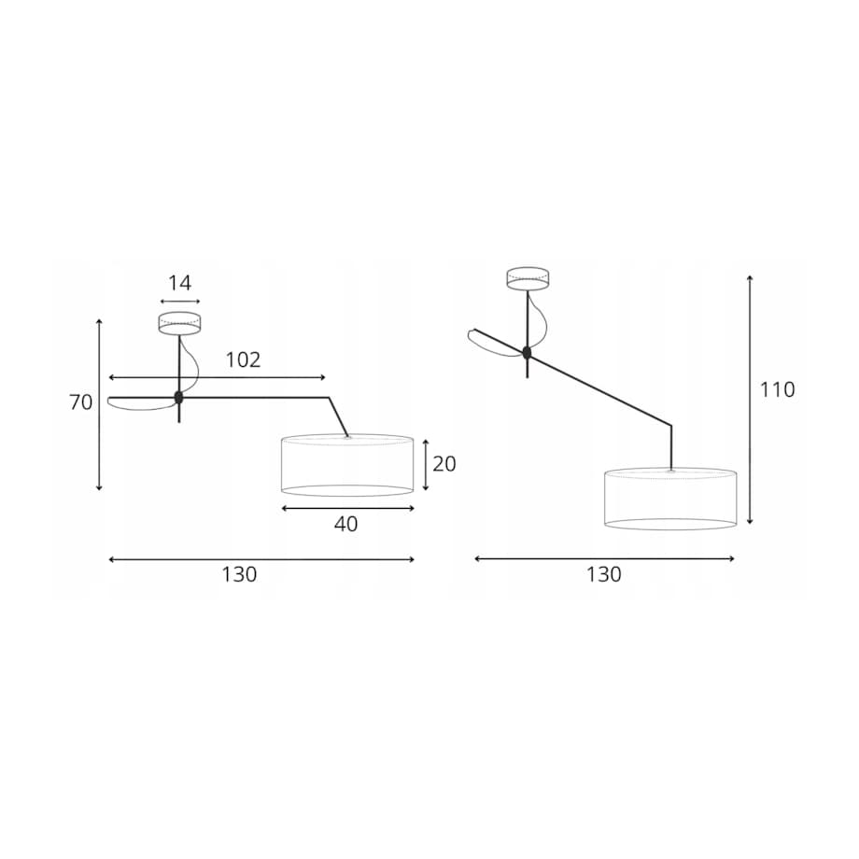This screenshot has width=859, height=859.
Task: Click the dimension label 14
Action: click(x=179, y=283)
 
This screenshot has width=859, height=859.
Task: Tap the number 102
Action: click(x=244, y=359)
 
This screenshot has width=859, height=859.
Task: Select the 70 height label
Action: click(x=81, y=402)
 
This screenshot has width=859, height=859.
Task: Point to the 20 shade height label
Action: click(x=444, y=464)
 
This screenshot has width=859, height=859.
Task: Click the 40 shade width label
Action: click(x=346, y=525)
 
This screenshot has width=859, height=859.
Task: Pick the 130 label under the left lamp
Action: click(x=239, y=574)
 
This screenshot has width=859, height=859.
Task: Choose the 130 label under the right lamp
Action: click(x=604, y=574)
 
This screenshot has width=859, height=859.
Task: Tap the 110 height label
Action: click(x=777, y=390)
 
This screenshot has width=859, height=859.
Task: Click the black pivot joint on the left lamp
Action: click(x=178, y=397)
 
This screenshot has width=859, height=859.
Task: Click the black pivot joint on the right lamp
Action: click(x=527, y=353)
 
